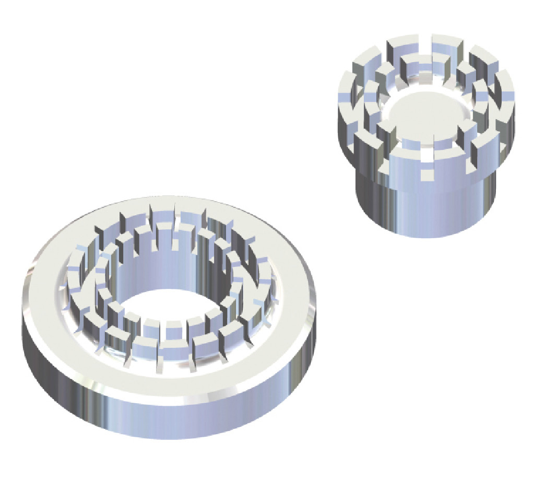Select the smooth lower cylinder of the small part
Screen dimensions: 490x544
click(425, 209)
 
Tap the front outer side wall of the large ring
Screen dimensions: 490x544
click(172, 413)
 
